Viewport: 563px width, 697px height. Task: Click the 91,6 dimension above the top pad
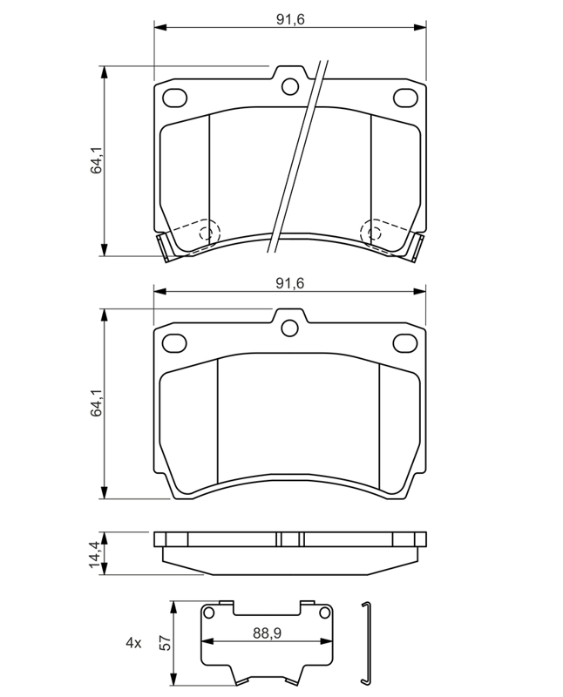pos(290,20)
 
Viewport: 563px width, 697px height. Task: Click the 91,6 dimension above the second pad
pos(290,284)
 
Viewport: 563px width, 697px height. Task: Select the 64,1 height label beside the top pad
pos(97,160)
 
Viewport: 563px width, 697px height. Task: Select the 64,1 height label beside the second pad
pos(97,403)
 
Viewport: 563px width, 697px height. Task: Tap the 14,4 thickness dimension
pos(96,553)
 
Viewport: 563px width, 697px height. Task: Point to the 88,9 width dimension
pos(267,633)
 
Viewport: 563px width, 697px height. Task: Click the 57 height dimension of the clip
pos(165,643)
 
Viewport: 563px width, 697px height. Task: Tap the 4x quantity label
pos(133,643)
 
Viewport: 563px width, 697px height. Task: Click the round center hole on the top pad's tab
pos(290,86)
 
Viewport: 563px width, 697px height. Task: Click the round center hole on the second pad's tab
pos(289,328)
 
